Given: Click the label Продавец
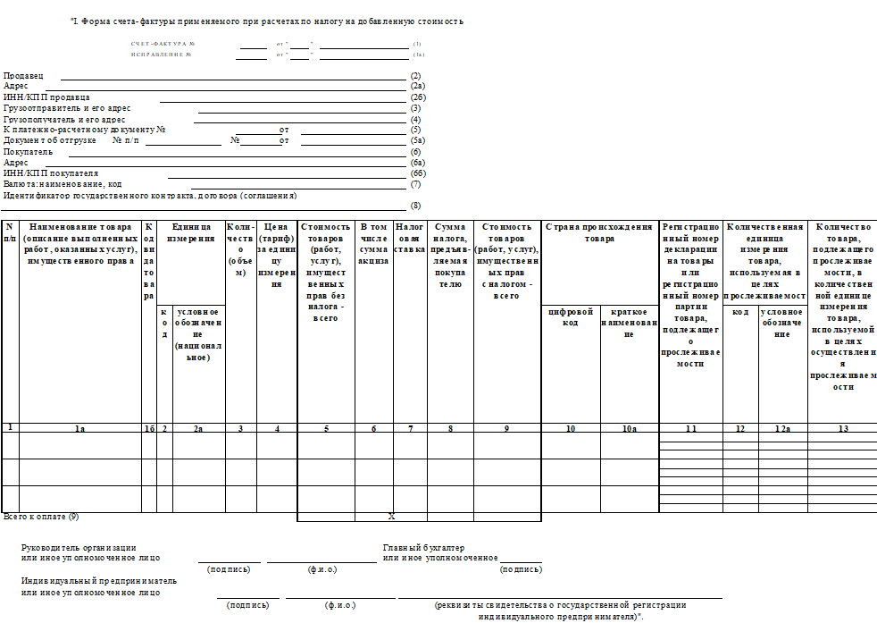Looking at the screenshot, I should click(x=23, y=76).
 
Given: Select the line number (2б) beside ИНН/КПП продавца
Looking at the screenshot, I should click(x=417, y=97).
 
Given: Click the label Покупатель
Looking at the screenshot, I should click(x=29, y=152).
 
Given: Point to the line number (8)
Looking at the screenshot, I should click(x=415, y=206).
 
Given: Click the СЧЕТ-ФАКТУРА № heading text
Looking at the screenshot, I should click(x=163, y=44).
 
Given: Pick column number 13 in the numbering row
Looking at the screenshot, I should click(x=842, y=429).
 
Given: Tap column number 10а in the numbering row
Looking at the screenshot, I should click(x=630, y=429).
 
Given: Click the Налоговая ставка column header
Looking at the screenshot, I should click(x=410, y=238).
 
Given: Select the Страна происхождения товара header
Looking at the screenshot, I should click(x=599, y=232).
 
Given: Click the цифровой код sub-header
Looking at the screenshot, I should click(x=571, y=316).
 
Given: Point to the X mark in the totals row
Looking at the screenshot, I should click(x=391, y=517).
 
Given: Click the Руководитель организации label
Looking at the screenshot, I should click(x=79, y=548).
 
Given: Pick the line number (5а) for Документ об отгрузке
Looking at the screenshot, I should click(x=417, y=141).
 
